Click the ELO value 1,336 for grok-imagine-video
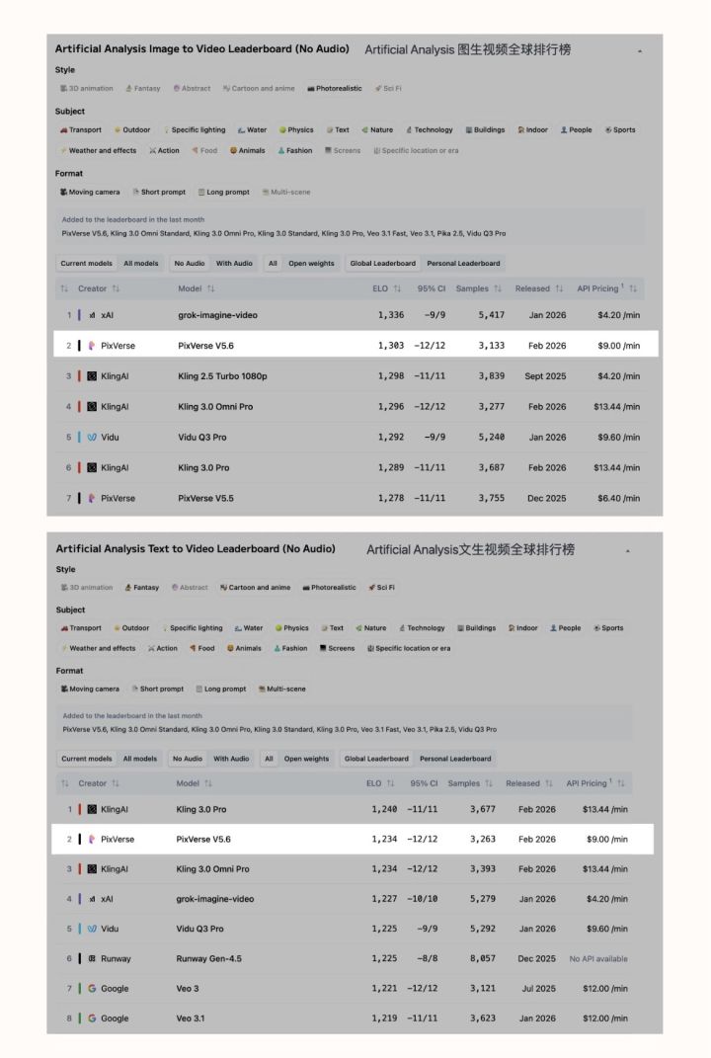coord(390,315)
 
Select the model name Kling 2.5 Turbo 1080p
coord(222,376)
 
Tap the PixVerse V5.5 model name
coord(206,498)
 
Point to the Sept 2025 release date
coord(541,376)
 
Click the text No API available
coord(597,958)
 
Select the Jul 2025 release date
coord(536,988)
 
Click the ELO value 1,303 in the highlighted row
coord(390,346)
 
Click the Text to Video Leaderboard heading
coord(196,548)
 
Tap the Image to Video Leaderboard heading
coord(201,48)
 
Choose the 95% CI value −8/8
coord(426,958)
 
